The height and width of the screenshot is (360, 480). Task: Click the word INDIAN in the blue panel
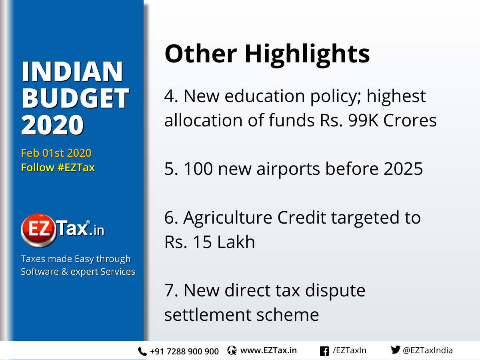pyautogui.click(x=72, y=72)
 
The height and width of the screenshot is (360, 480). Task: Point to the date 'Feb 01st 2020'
pyautogui.click(x=56, y=153)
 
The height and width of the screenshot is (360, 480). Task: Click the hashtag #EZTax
pyautogui.click(x=76, y=168)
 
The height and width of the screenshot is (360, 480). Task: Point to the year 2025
pyautogui.click(x=403, y=169)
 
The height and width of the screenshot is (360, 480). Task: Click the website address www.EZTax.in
pyautogui.click(x=268, y=351)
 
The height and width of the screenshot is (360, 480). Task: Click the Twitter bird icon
pyautogui.click(x=395, y=350)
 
